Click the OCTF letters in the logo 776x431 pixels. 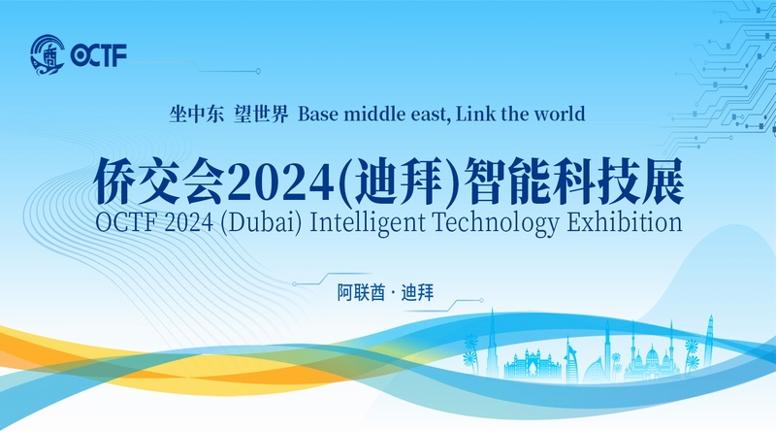point(99,55)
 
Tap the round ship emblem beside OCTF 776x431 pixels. point(48,55)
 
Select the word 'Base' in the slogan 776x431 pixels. point(318,114)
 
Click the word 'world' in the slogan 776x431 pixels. point(560,114)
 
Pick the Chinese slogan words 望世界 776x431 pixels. point(261,114)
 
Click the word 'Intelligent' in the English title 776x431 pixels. point(368,222)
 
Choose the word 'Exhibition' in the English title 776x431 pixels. point(624,221)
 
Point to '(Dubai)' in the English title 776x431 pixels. point(260,222)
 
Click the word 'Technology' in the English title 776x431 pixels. point(496,222)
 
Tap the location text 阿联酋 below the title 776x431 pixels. point(361,293)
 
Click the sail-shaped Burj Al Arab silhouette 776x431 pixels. point(571,360)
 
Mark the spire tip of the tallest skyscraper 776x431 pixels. point(492,309)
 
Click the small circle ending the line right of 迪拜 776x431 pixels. point(481,300)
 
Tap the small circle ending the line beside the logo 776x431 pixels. point(258,71)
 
